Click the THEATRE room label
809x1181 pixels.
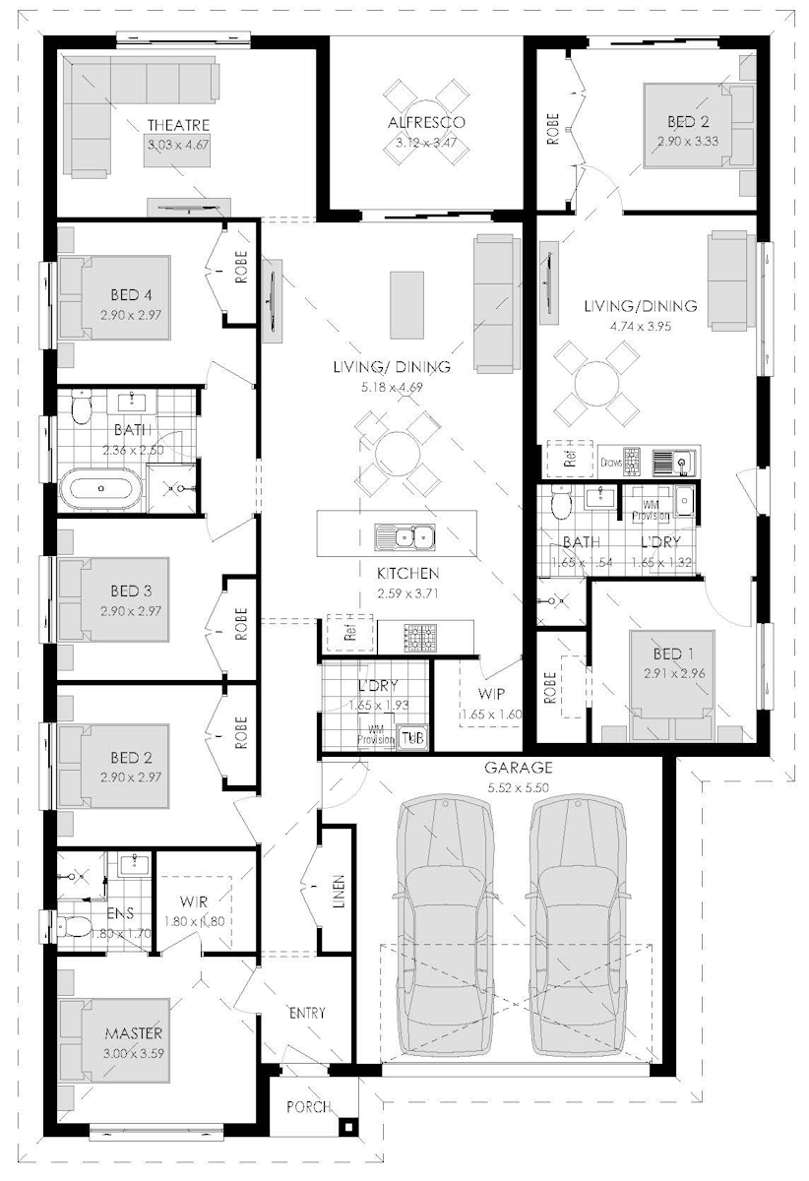click(178, 125)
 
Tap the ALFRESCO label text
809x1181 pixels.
click(425, 123)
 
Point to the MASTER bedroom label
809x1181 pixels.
click(134, 1033)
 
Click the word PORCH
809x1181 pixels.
click(308, 1107)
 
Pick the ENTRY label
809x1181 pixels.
click(306, 1013)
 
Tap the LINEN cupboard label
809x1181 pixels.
click(339, 891)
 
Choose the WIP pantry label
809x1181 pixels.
click(494, 693)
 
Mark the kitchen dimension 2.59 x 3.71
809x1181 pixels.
click(406, 593)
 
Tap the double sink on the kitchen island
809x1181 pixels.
click(404, 537)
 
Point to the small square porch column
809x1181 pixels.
click(346, 1126)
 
